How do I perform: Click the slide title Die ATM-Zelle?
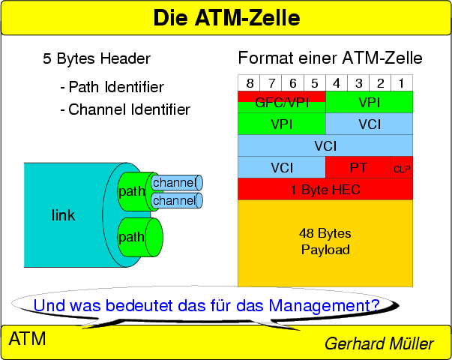click(x=226, y=17)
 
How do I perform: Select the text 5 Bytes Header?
click(x=97, y=59)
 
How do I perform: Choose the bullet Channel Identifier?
click(x=124, y=109)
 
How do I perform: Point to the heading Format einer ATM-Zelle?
click(x=330, y=58)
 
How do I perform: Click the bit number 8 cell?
click(x=249, y=82)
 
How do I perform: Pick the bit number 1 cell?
click(x=402, y=82)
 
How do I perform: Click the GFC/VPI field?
click(x=281, y=101)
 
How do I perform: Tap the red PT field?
click(x=358, y=167)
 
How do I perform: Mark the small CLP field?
click(x=403, y=168)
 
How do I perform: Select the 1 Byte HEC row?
click(x=325, y=190)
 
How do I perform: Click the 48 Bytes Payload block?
click(x=325, y=242)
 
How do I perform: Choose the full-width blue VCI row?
click(x=325, y=145)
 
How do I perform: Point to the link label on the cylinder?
click(x=63, y=216)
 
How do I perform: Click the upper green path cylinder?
click(x=131, y=191)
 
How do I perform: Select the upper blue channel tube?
click(x=175, y=182)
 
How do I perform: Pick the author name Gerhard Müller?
click(x=379, y=343)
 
